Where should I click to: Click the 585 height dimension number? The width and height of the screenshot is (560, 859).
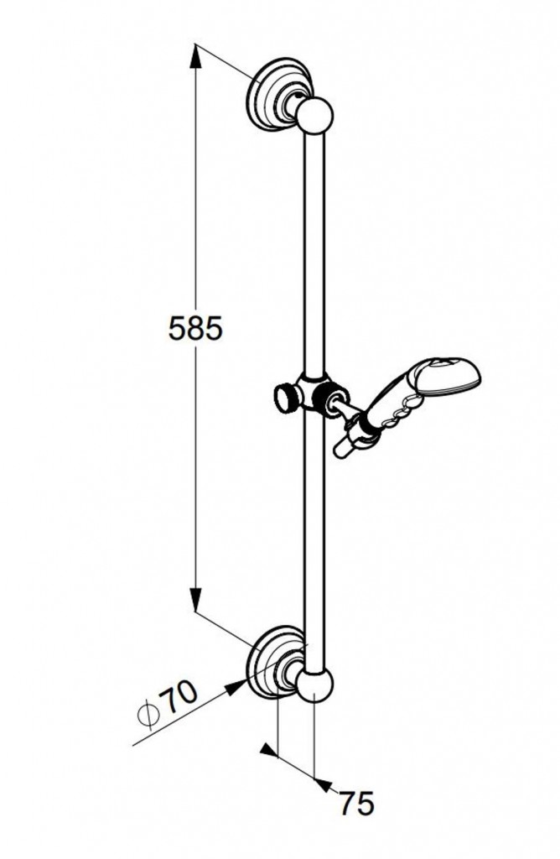[x=195, y=329]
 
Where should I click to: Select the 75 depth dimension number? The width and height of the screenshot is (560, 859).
[x=356, y=804]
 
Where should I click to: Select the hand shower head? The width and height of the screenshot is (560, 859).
[x=452, y=376]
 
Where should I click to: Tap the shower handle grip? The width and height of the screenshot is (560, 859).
[x=392, y=409]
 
